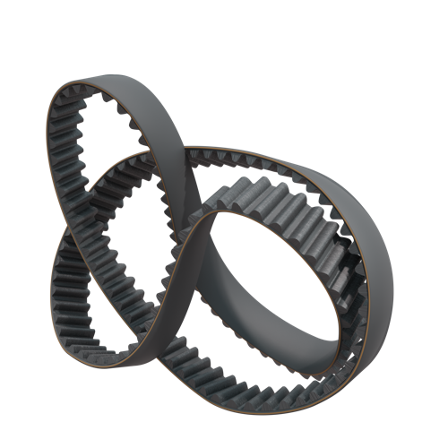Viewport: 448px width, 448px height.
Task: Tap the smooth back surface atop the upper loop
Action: point(134,85)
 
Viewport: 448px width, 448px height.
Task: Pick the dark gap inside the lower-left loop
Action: point(99,287)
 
